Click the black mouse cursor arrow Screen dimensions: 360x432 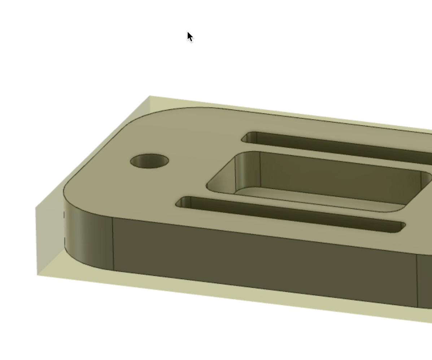point(190,36)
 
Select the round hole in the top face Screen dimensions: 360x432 point(149,161)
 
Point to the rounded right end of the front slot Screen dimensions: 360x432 point(402,227)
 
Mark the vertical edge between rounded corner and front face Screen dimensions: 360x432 point(113,244)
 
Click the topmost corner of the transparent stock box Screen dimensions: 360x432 point(149,96)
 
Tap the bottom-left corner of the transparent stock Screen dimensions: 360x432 point(38,275)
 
